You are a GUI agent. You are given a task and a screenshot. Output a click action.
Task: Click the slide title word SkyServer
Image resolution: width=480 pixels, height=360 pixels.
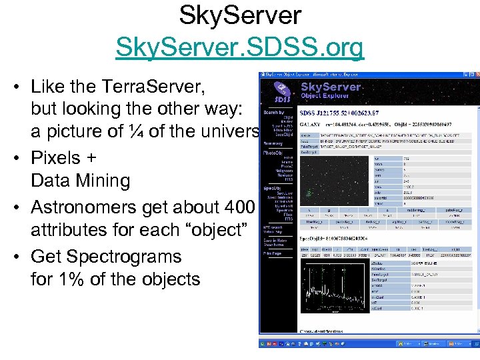point(240,15)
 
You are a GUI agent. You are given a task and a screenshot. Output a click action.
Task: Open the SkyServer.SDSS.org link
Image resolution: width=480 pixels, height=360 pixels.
point(240,48)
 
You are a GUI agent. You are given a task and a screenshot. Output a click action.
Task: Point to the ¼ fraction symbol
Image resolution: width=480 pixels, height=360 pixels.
point(137,132)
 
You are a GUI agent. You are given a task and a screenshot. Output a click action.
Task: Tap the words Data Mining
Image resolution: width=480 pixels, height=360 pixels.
point(80,180)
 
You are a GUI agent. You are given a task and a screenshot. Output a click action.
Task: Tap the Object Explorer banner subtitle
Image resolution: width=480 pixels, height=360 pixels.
point(327,97)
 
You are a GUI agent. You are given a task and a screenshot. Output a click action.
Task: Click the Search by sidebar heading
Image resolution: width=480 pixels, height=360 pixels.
point(273,112)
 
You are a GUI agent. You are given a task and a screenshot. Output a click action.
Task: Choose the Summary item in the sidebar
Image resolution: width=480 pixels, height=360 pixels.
point(273,143)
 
